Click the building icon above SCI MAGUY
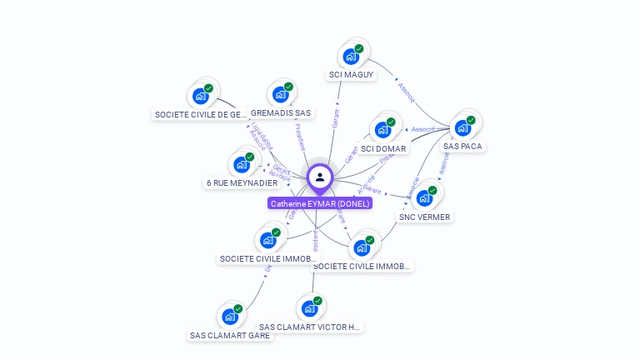coord(351,57)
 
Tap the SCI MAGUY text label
coord(351,75)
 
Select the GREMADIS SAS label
coord(281,112)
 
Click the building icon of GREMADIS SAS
coord(281,94)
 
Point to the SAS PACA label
coord(462,146)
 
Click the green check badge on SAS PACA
coord(471,121)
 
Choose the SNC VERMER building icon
coord(424,198)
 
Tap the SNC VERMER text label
coord(424,217)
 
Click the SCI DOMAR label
coord(383,149)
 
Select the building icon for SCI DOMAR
coord(382,130)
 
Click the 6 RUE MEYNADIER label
coord(242,182)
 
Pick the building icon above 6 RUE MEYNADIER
coord(242,164)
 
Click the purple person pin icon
coord(320,177)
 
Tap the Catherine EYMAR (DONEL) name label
coord(320,203)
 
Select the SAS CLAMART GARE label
coord(230,336)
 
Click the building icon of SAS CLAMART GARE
coord(230,317)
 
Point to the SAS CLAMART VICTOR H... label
coord(310,327)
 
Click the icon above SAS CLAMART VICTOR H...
coord(310,308)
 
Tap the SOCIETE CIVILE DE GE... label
coord(201,115)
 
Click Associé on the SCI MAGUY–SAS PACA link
coord(406,89)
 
